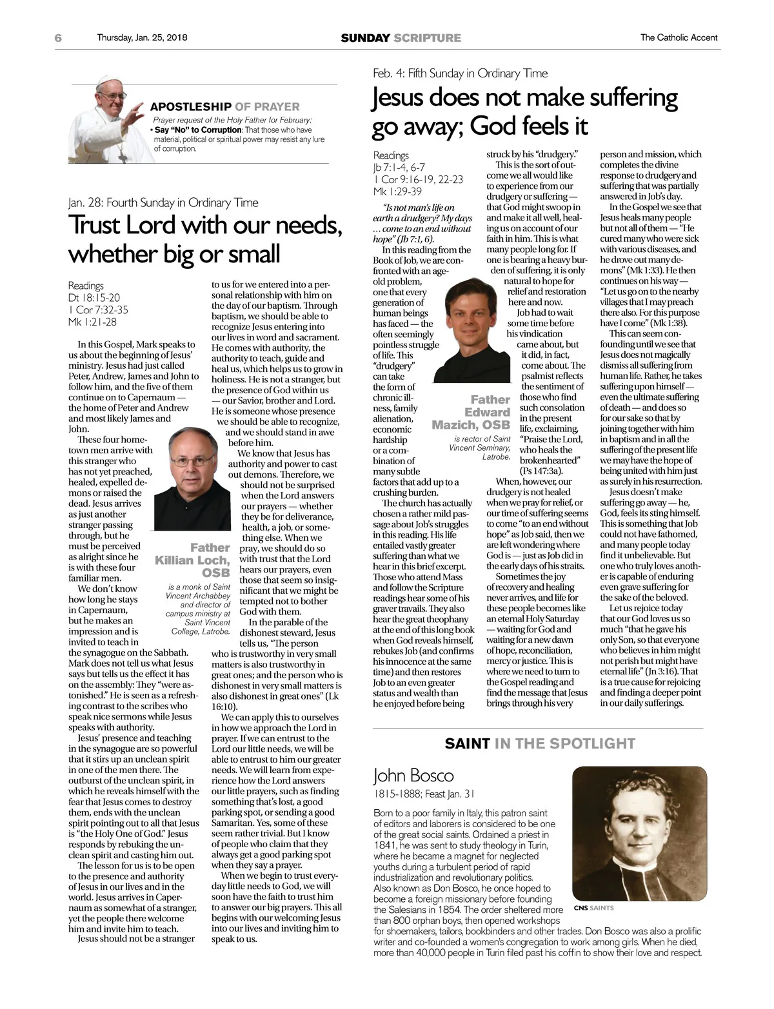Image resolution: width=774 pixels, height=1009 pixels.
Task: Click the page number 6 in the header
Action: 58,38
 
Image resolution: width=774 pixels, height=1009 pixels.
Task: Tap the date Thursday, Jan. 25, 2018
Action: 142,37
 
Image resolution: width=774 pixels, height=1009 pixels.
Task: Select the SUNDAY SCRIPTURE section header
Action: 401,38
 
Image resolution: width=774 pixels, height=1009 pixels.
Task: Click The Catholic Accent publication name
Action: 679,37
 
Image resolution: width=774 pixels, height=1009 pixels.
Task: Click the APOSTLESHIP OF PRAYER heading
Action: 224,107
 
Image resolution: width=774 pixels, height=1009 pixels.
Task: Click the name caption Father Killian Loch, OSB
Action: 193,560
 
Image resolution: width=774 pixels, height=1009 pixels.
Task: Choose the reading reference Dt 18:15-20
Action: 94,297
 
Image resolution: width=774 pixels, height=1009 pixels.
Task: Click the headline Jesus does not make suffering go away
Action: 525,112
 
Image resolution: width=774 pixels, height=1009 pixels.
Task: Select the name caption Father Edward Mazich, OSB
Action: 473,413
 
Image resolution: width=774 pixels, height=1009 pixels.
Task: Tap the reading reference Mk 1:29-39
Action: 397,191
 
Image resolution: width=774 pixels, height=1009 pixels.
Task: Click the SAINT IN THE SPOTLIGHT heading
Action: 540,743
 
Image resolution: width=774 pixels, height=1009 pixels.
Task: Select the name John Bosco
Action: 413,775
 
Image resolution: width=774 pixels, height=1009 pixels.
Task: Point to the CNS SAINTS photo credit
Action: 593,908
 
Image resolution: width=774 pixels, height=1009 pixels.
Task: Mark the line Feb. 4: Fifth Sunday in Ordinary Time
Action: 460,73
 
